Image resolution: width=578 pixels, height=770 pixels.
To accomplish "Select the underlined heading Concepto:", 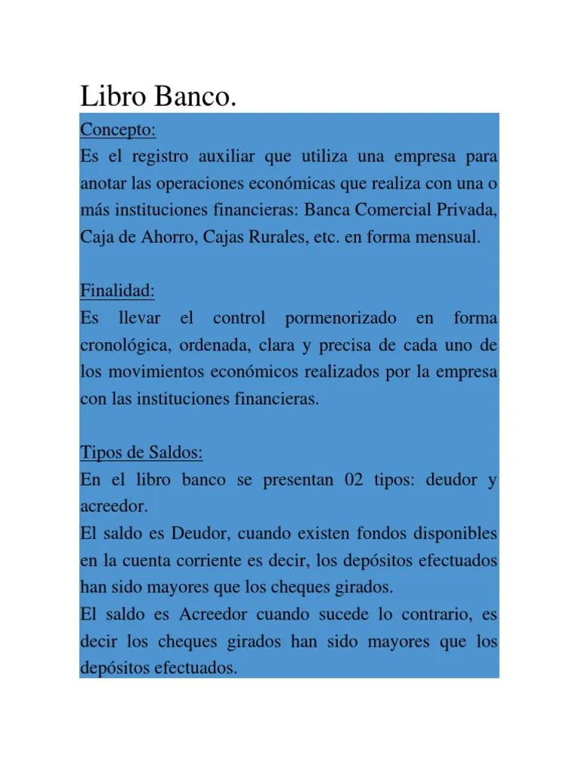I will coord(117,130).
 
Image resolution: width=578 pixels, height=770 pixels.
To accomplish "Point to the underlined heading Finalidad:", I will coord(117,291).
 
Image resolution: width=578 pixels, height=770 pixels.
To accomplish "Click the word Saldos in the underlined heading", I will coord(176,453).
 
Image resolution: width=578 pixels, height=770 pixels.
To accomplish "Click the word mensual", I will coord(445,238).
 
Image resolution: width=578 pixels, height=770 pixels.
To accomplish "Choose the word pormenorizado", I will coord(341,319).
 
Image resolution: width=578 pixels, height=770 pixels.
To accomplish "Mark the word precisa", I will coord(344,346).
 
